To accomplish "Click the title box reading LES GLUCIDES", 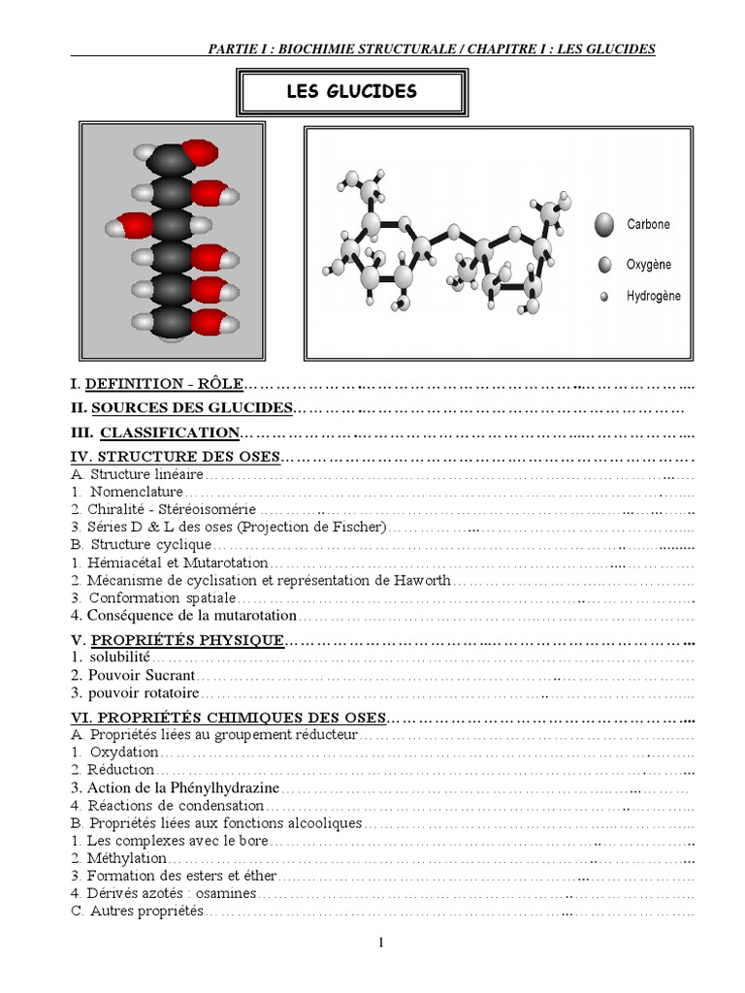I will (351, 93).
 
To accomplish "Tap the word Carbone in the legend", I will (648, 224).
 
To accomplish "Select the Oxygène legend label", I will (648, 265).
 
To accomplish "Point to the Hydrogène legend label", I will (653, 296).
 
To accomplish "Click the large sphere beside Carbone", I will (605, 225).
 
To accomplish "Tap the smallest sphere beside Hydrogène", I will (604, 297).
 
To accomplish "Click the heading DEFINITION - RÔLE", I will (165, 384).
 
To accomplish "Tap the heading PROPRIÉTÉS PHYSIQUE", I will (187, 640).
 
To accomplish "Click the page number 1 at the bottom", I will (382, 944).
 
